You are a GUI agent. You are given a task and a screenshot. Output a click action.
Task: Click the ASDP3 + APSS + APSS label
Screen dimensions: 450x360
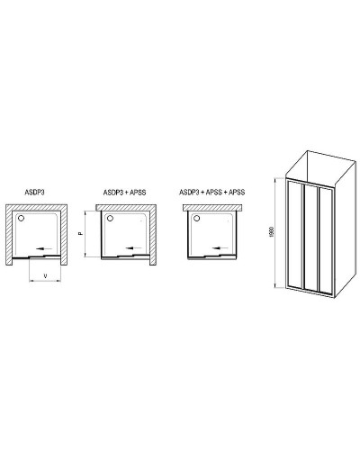(x=211, y=191)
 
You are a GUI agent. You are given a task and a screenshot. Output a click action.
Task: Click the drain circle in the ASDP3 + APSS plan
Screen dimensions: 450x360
(x=109, y=218)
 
